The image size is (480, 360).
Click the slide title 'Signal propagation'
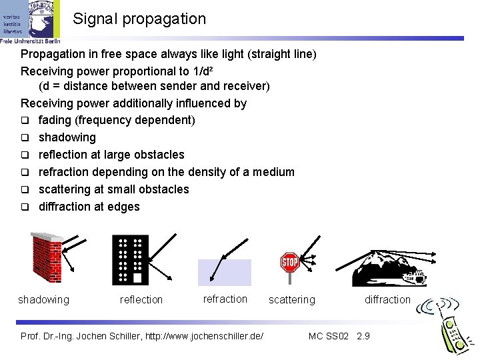(x=139, y=19)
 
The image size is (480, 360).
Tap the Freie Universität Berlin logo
(x=31, y=21)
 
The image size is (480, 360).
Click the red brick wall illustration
(x=45, y=257)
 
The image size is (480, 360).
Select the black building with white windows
(x=130, y=259)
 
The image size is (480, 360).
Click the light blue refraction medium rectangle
(x=225, y=273)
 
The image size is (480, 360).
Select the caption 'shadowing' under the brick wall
(x=43, y=300)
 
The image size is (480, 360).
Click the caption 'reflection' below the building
(x=141, y=300)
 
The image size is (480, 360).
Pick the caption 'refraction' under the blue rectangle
(x=225, y=299)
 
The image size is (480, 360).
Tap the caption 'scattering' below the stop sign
(x=291, y=300)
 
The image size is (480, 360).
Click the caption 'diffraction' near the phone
(x=387, y=300)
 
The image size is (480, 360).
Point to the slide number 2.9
(x=363, y=335)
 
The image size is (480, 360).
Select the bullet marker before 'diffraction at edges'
(x=25, y=207)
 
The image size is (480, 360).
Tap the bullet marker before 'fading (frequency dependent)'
(x=25, y=120)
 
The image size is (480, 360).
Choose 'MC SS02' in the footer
(x=328, y=335)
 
